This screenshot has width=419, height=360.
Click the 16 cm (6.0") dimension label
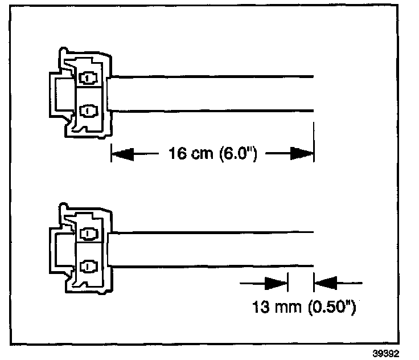(x=211, y=154)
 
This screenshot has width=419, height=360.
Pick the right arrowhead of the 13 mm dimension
(x=325, y=281)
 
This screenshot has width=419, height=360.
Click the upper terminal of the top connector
(x=88, y=77)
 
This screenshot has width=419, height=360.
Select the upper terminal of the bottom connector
(x=88, y=233)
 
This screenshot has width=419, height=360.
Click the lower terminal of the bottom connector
(x=87, y=265)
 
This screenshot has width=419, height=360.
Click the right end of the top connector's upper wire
(x=313, y=76)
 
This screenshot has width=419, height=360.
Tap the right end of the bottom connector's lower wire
(x=314, y=265)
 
